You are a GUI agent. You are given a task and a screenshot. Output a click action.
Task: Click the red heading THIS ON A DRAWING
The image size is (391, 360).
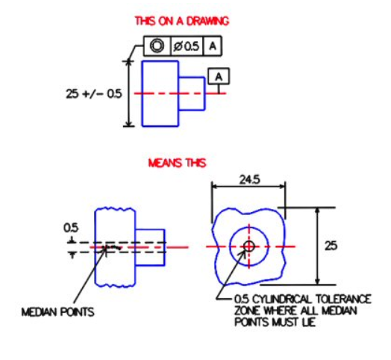click(x=181, y=21)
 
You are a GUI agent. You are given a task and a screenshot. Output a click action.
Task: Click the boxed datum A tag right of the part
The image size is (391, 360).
click(x=219, y=75)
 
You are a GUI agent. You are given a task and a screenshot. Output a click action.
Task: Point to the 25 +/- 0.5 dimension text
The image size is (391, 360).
click(x=93, y=94)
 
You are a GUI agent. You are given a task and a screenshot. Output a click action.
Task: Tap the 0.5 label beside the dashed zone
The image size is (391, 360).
click(x=70, y=227)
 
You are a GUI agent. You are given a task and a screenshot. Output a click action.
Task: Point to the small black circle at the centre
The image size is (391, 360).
click(x=248, y=245)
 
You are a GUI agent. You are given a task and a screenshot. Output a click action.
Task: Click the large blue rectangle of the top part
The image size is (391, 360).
click(x=158, y=94)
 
